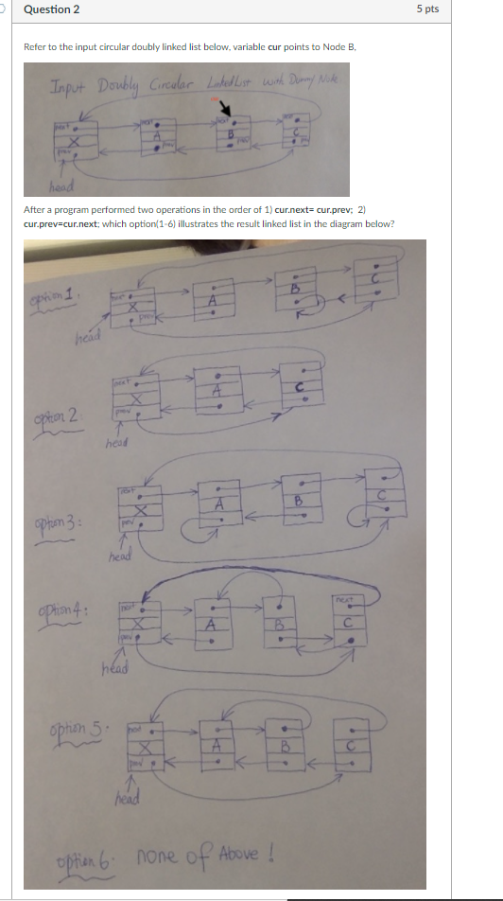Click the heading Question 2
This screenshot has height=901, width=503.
[x=51, y=9]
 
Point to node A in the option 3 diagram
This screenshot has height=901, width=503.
[x=218, y=506]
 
